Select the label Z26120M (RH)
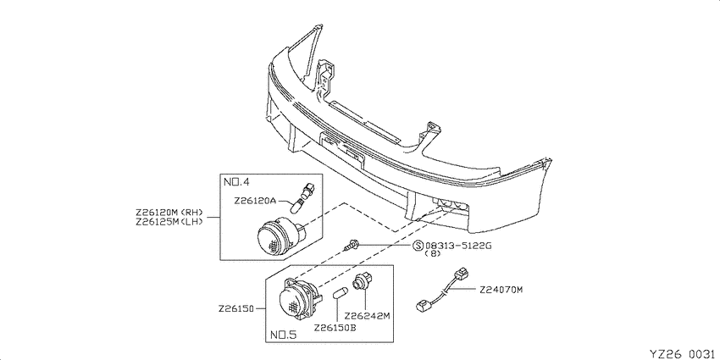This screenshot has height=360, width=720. pyautogui.click(x=169, y=213)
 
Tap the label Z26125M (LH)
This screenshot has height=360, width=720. pyautogui.click(x=169, y=221)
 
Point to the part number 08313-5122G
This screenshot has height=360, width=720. pyautogui.click(x=458, y=246)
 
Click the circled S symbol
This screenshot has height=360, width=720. pyautogui.click(x=418, y=246)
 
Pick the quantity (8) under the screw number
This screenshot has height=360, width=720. pyautogui.click(x=433, y=253)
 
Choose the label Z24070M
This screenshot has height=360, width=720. pyautogui.click(x=501, y=290)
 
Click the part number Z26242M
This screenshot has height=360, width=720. pyautogui.click(x=367, y=316)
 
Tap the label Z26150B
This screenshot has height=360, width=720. pyautogui.click(x=335, y=328)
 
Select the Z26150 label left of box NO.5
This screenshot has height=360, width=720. pyautogui.click(x=236, y=308)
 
